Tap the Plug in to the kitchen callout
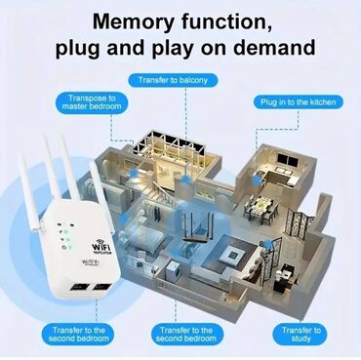299,100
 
